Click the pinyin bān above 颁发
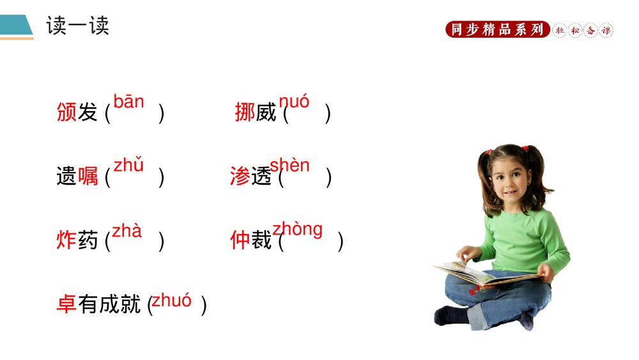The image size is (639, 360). coord(128,102)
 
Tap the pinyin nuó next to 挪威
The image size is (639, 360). coord(294,101)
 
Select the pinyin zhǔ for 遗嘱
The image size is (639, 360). coord(128,166)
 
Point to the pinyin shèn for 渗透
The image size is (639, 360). coord(289,166)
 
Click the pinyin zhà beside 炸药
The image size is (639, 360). coord(127,231)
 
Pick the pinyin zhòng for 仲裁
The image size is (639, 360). coord(297,230)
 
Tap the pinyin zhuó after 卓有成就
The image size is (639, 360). coord(171,300)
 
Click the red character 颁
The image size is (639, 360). coord(66,113)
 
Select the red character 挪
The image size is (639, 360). coord(245,113)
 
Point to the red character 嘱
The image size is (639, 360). coord(88,176)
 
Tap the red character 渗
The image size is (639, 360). coord(240,176)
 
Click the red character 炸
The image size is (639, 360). coord(66,240)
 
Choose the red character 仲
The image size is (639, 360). coord(240,240)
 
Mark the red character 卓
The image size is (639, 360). coord(66,304)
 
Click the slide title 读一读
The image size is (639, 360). coord(77,26)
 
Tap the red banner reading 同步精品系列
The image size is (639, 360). coord(497,29)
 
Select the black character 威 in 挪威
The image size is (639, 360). coord(266,113)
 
